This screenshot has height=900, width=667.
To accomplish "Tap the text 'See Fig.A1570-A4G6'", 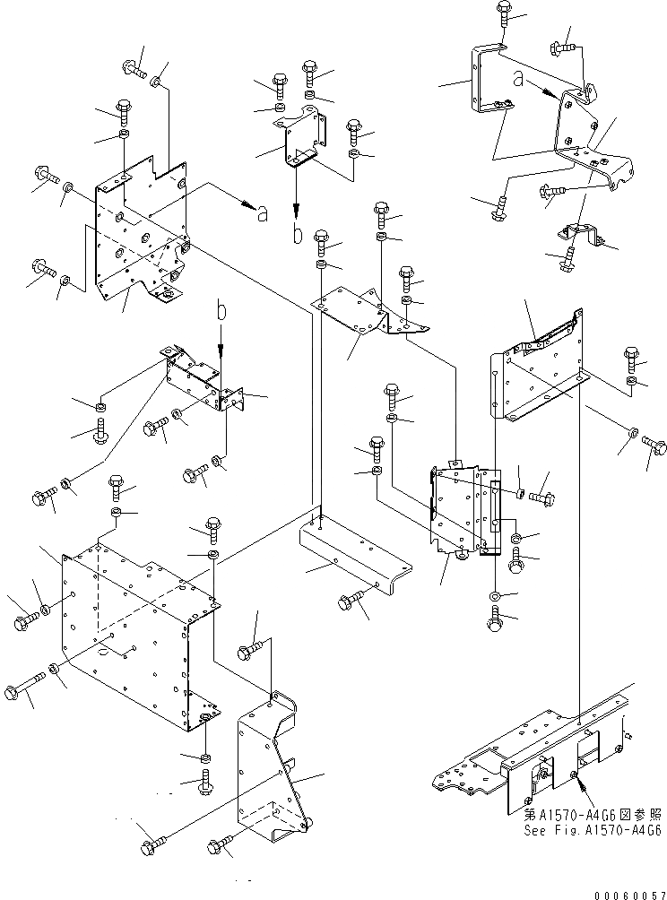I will pos(593,831).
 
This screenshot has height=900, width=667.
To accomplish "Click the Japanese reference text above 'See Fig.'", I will pos(593,816).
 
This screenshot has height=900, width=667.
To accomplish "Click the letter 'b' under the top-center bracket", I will pos(297,235).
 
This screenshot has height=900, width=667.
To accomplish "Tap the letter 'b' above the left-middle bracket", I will pos(221,311).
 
